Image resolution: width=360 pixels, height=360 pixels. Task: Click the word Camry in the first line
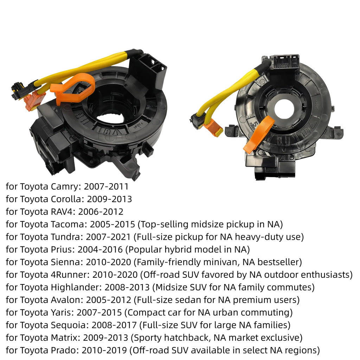click(66, 187)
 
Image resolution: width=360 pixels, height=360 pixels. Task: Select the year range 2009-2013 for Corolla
click(110, 199)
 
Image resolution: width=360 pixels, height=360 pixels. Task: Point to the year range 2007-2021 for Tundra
click(108, 237)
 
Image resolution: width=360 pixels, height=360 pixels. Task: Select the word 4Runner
click(70, 275)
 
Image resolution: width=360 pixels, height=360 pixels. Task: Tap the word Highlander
click(76, 288)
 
